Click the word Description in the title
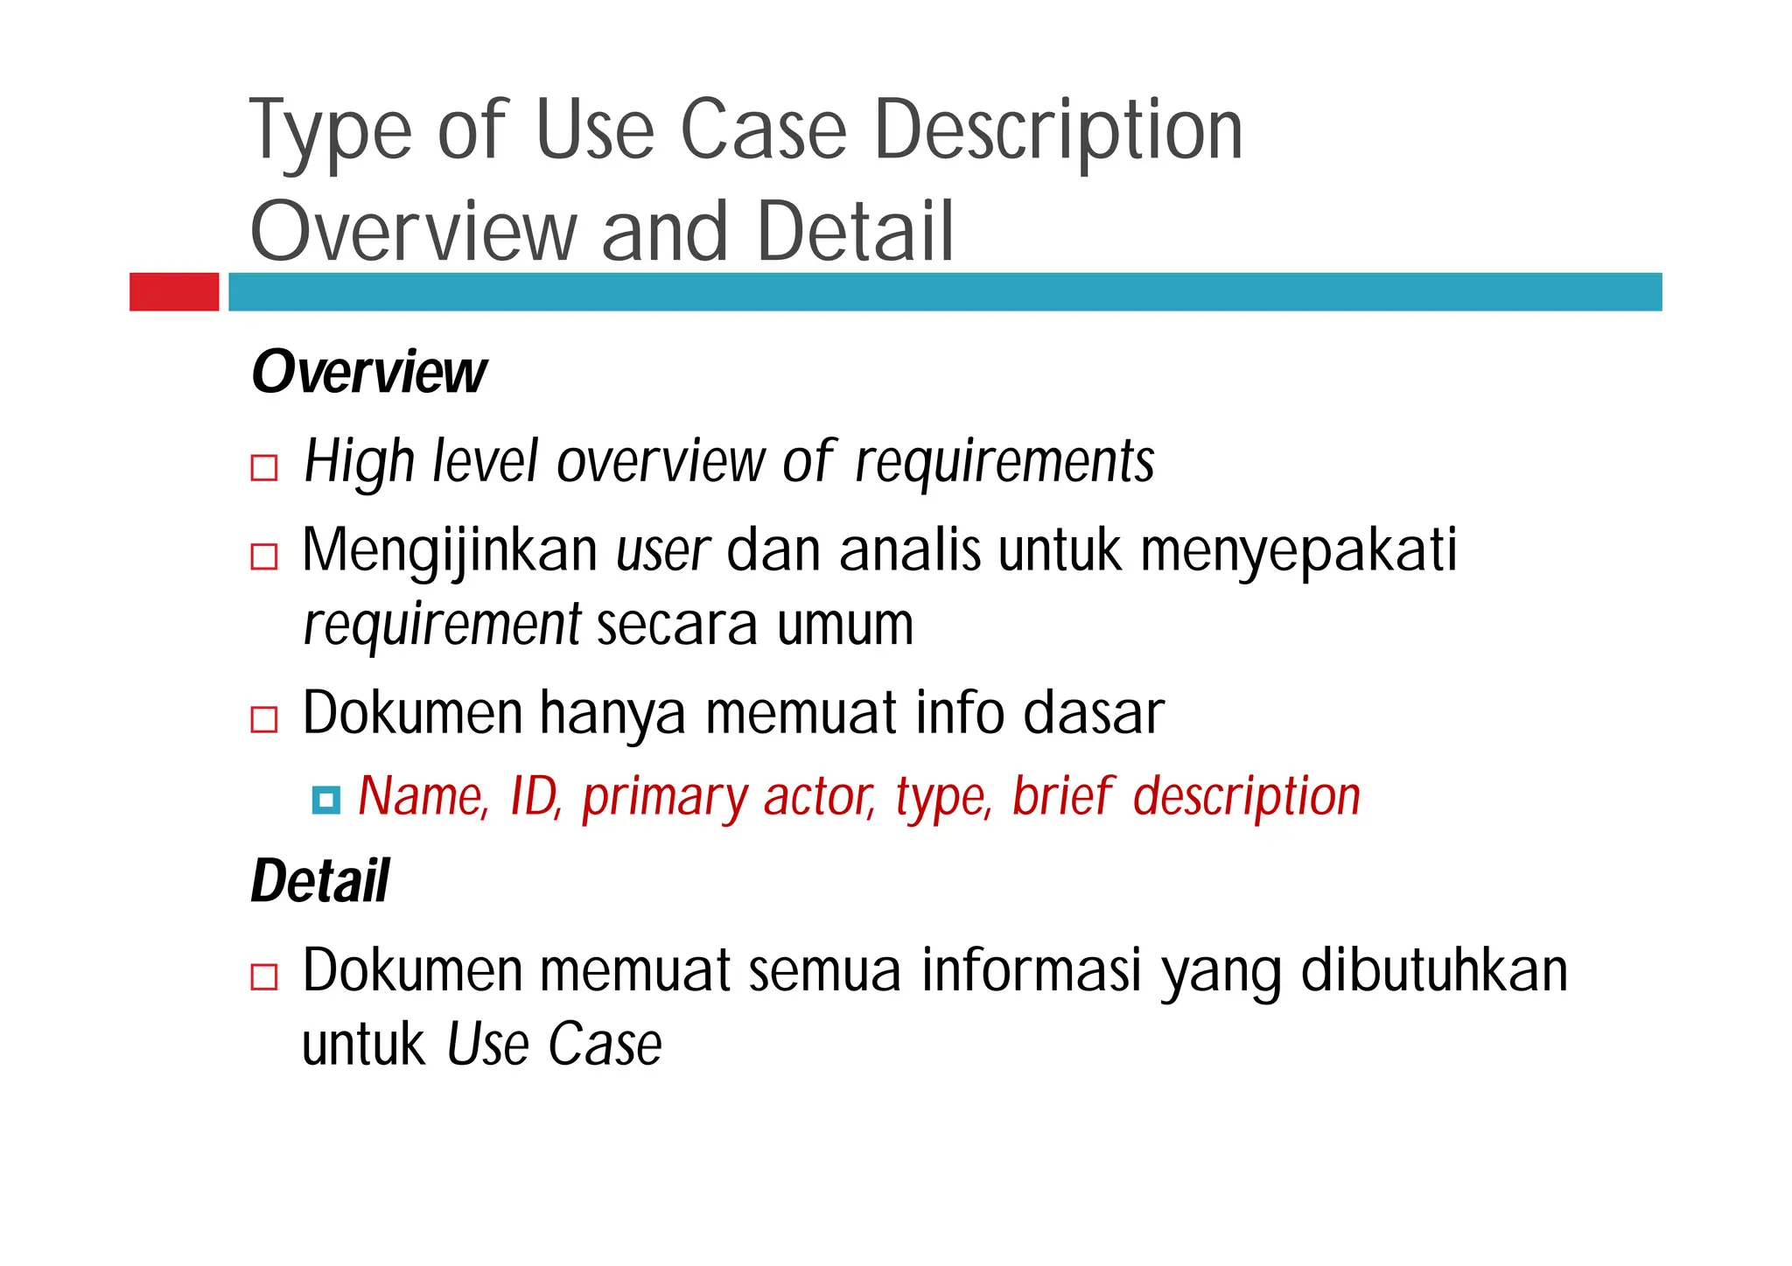coord(1058,131)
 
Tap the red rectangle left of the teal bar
coord(174,291)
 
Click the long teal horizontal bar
coord(945,291)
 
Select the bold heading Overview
coord(368,373)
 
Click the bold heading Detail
coord(320,881)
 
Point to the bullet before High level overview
coord(264,467)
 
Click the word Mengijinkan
coord(450,551)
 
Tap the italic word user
coord(662,551)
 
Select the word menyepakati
coord(1298,551)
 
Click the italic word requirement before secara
coord(442,625)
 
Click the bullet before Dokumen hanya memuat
coord(264,719)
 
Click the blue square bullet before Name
coord(325,800)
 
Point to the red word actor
coord(819,796)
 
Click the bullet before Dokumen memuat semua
coord(264,976)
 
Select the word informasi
coord(1032,970)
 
